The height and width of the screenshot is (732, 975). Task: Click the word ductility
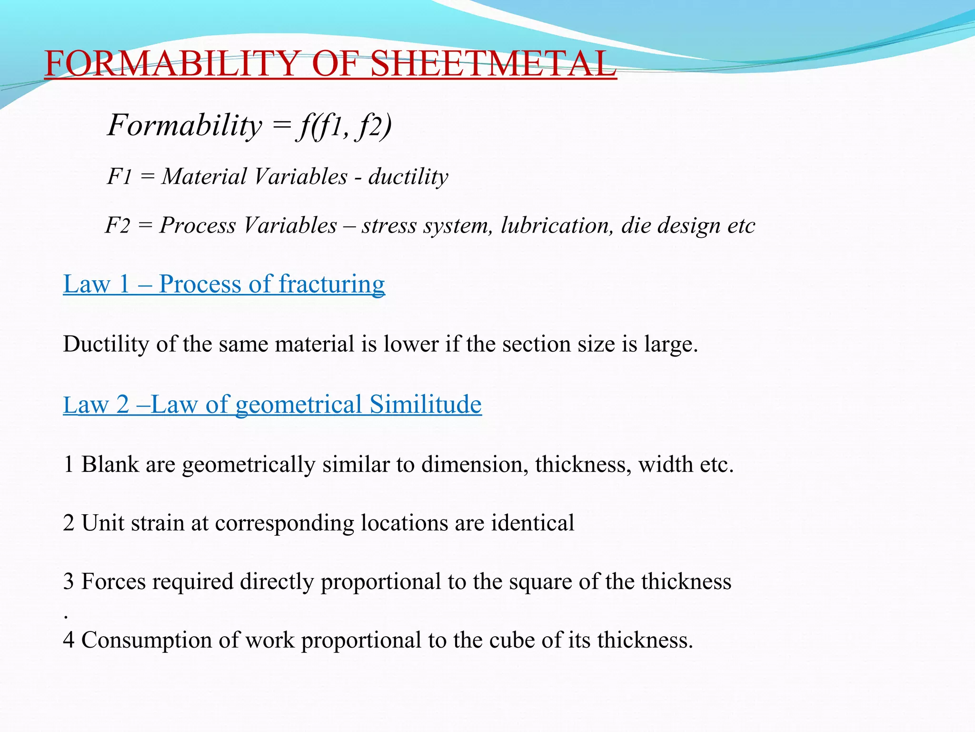click(408, 177)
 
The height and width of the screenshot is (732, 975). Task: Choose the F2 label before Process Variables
click(117, 225)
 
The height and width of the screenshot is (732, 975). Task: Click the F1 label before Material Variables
click(119, 177)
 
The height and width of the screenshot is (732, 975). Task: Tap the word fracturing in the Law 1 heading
click(331, 284)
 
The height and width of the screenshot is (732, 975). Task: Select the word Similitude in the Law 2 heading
click(426, 405)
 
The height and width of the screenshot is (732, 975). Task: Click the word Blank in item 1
click(110, 464)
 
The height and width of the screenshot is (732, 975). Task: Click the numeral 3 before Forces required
click(69, 582)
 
